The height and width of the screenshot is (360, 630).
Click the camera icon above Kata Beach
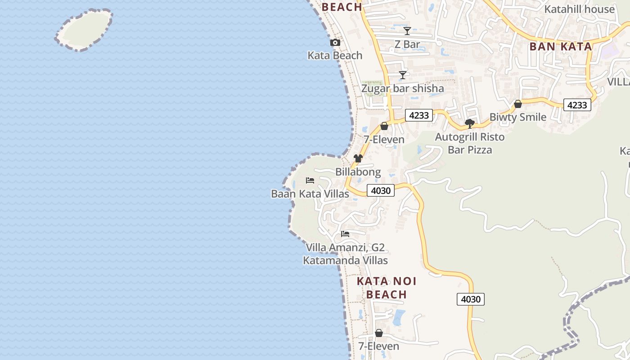[335, 42]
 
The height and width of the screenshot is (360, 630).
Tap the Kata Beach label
[335, 55]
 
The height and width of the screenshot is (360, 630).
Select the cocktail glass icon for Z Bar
[407, 31]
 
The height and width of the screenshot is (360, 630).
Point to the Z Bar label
[407, 44]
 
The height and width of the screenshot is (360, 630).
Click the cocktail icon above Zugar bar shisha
[403, 75]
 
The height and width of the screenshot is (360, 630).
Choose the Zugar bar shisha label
[403, 88]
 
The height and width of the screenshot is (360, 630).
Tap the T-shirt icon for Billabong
[358, 158]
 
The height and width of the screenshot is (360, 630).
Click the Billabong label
[358, 172]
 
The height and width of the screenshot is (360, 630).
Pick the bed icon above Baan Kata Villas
[310, 180]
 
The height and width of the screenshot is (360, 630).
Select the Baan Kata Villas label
[310, 194]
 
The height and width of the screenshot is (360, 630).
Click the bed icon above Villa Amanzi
[345, 234]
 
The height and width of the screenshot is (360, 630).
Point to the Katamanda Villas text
[345, 261]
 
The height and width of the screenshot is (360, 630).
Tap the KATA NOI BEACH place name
[387, 288]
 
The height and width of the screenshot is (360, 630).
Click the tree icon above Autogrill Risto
[470, 123]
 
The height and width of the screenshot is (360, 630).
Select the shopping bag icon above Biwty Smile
[518, 104]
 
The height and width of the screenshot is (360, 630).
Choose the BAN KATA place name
[560, 46]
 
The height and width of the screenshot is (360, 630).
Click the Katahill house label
[579, 9]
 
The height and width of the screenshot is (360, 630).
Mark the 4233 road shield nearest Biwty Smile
[577, 105]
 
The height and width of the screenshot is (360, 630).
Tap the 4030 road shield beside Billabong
[381, 190]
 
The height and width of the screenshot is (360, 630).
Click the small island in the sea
[84, 29]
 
